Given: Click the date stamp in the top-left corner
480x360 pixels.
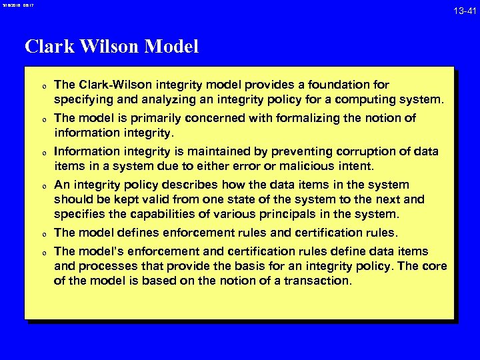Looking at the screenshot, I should pyautogui.click(x=16, y=5).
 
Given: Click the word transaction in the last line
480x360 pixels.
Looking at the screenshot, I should pyautogui.click(x=318, y=281).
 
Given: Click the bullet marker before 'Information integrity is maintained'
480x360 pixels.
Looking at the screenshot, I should pyautogui.click(x=43, y=153).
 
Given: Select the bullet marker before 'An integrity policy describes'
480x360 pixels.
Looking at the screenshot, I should pyautogui.click(x=43, y=186).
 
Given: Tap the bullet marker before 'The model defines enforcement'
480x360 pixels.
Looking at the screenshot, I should pyautogui.click(x=43, y=234).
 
